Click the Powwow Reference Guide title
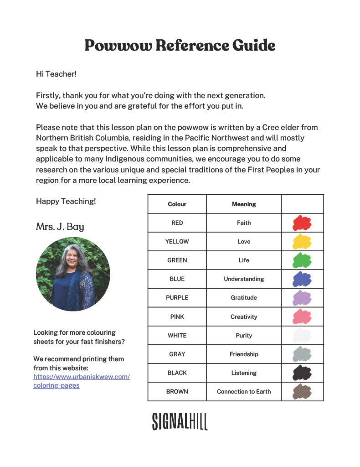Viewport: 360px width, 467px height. pyautogui.click(x=180, y=46)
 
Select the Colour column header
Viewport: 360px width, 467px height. pyautogui.click(x=177, y=204)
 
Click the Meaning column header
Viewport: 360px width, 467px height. pyautogui.click(x=244, y=204)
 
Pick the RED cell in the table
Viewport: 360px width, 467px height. pyautogui.click(x=177, y=223)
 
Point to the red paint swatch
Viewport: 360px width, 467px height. pyautogui.click(x=302, y=223)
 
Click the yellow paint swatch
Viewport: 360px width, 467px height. pyautogui.click(x=302, y=242)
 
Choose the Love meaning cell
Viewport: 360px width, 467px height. pyautogui.click(x=244, y=242)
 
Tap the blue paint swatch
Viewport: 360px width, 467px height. pyautogui.click(x=302, y=279)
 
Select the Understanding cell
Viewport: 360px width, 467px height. pyautogui.click(x=244, y=279)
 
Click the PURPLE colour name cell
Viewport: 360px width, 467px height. pyautogui.click(x=177, y=298)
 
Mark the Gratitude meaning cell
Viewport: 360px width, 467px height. pyautogui.click(x=244, y=298)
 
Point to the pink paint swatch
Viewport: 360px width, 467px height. pyautogui.click(x=302, y=317)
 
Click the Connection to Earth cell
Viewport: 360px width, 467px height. pyautogui.click(x=244, y=392)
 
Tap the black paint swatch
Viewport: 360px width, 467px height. pyautogui.click(x=302, y=373)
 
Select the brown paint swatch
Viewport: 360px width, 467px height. pyautogui.click(x=302, y=392)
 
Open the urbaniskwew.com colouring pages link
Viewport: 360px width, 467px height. pyautogui.click(x=81, y=381)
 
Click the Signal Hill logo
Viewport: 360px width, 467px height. pyautogui.click(x=180, y=421)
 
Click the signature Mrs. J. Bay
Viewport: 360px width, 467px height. pyautogui.click(x=60, y=227)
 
